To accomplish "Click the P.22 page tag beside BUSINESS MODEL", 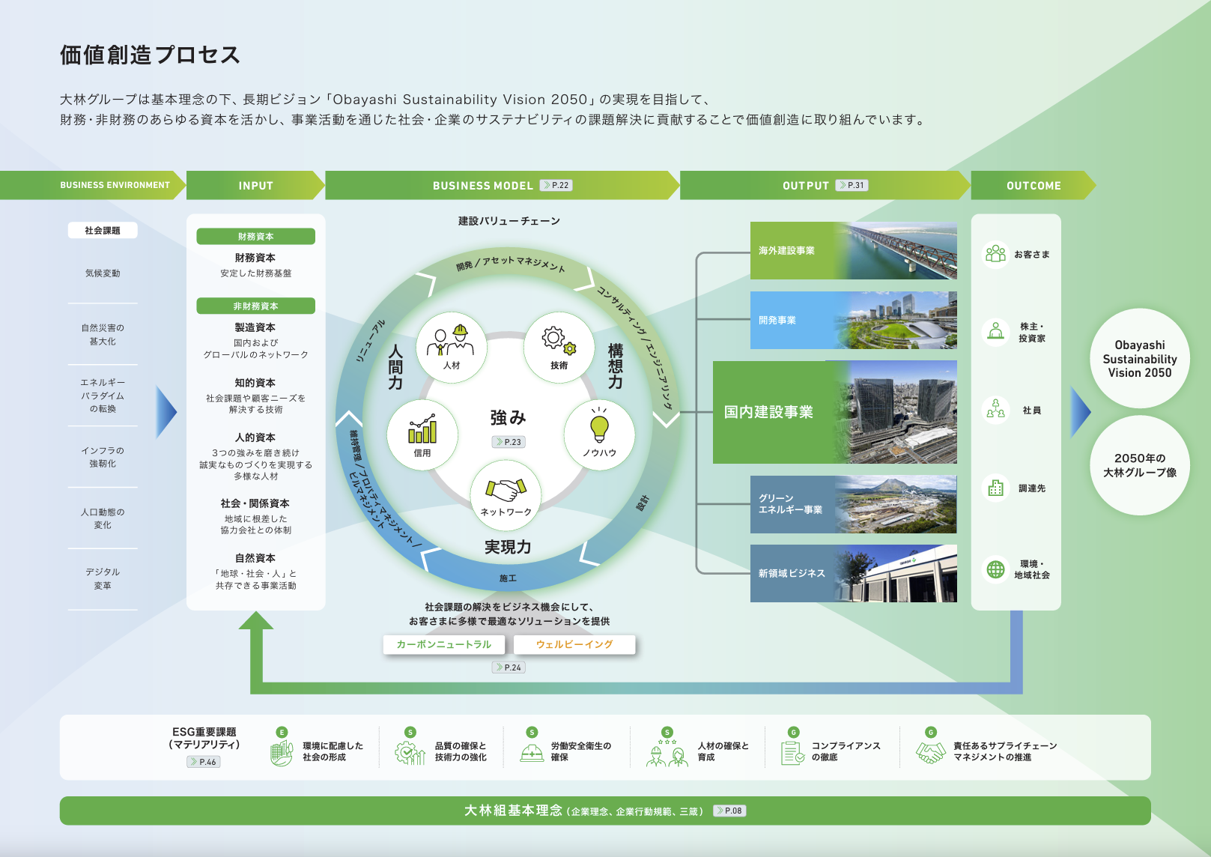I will pyautogui.click(x=556, y=185).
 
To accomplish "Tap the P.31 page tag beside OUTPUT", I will pyautogui.click(x=852, y=185).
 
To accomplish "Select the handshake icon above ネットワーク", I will pyautogui.click(x=506, y=491).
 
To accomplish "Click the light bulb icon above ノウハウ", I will pyautogui.click(x=599, y=428).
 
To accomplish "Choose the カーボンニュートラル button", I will pyautogui.click(x=444, y=644).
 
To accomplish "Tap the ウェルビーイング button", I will pyautogui.click(x=574, y=644).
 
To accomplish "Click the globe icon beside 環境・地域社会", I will pyautogui.click(x=995, y=569).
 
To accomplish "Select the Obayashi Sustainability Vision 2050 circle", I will pyautogui.click(x=1139, y=359).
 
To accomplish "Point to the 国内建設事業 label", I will pyautogui.click(x=768, y=412).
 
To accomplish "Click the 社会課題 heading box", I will pyautogui.click(x=103, y=231).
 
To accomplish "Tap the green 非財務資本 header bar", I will pyautogui.click(x=255, y=306).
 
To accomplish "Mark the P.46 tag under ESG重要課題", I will pyautogui.click(x=204, y=762).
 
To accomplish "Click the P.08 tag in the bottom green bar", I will pyautogui.click(x=729, y=811).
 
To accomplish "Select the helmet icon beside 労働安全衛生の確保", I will pyautogui.click(x=532, y=752).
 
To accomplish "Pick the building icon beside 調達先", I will pyautogui.click(x=995, y=488).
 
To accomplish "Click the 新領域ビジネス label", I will pyautogui.click(x=792, y=573).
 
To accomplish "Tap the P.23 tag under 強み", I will pyautogui.click(x=509, y=442).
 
